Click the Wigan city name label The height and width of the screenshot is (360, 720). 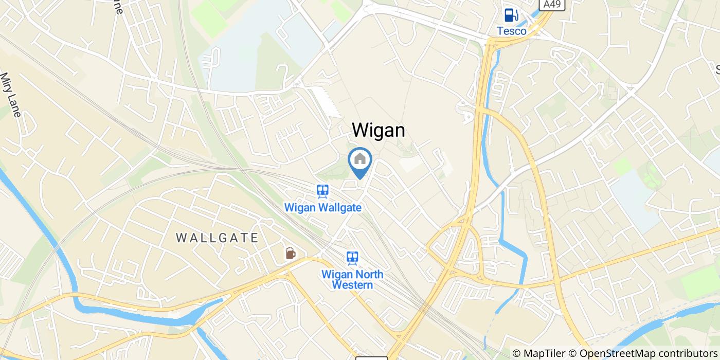(379, 130)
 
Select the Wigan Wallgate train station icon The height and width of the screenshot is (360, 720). (322, 192)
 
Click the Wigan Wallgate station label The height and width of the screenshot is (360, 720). (323, 208)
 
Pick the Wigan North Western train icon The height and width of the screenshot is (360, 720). (352, 258)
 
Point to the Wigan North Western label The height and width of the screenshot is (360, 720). (352, 279)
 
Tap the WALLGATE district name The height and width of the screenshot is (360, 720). (217, 238)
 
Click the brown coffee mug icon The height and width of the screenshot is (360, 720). (291, 253)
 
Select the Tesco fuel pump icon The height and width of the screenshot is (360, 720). (511, 15)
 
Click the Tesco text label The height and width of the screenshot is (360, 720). (511, 31)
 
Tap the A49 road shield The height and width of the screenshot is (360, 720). (554, 5)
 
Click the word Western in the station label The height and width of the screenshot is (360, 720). (352, 285)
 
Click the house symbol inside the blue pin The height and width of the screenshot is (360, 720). (360, 159)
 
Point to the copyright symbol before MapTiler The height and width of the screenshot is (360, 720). (517, 353)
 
